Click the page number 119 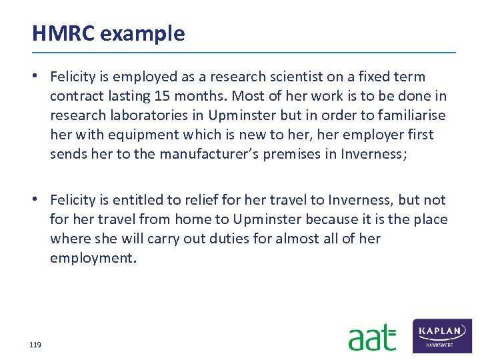tap(35, 345)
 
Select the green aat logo tap(372, 337)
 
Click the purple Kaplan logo tap(443, 335)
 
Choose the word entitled tap(141, 200)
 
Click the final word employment tap(93, 258)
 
